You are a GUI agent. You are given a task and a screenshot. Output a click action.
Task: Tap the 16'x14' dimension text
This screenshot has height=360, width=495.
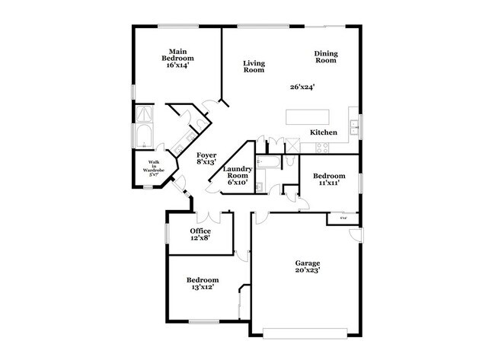[x=177, y=65]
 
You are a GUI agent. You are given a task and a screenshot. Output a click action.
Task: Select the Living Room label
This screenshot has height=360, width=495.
[x=254, y=66]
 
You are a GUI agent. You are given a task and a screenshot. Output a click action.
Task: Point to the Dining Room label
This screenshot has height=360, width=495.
[x=325, y=57]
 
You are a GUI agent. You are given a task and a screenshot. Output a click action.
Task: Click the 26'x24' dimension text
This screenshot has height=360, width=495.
[x=302, y=87]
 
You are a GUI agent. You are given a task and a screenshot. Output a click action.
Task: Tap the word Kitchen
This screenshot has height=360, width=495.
[x=324, y=132]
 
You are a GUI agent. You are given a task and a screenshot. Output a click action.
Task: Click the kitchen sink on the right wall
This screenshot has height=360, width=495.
[x=354, y=126]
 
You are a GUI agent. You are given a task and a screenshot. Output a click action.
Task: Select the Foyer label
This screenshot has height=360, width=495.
[x=205, y=155]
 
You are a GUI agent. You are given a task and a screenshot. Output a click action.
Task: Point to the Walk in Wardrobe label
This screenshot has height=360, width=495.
[x=153, y=165]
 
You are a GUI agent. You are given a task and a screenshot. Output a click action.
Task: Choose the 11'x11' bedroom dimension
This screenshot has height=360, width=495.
[x=327, y=183]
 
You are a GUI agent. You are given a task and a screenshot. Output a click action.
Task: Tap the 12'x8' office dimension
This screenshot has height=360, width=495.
[x=200, y=238]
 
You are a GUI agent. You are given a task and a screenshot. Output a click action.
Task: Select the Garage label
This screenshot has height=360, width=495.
[x=308, y=261]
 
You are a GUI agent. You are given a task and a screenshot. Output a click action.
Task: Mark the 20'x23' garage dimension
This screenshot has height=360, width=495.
[x=308, y=269]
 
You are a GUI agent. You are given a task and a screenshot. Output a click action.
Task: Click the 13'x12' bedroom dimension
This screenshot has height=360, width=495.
[x=203, y=288]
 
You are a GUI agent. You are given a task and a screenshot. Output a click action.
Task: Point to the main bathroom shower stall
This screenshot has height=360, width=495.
[x=143, y=114]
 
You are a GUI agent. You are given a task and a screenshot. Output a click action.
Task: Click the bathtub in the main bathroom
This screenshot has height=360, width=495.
[x=143, y=138]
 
